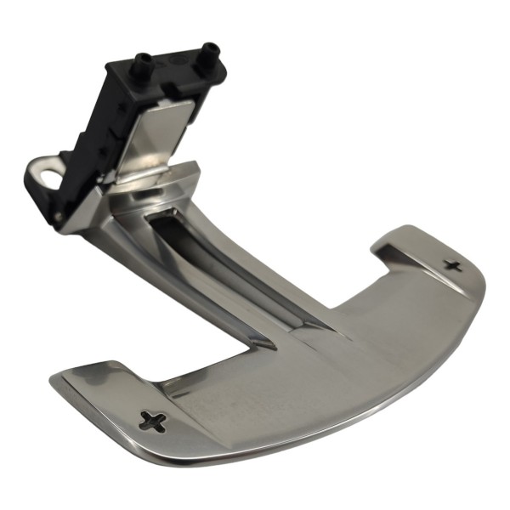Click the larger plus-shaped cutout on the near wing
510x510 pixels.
pos(153,420)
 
